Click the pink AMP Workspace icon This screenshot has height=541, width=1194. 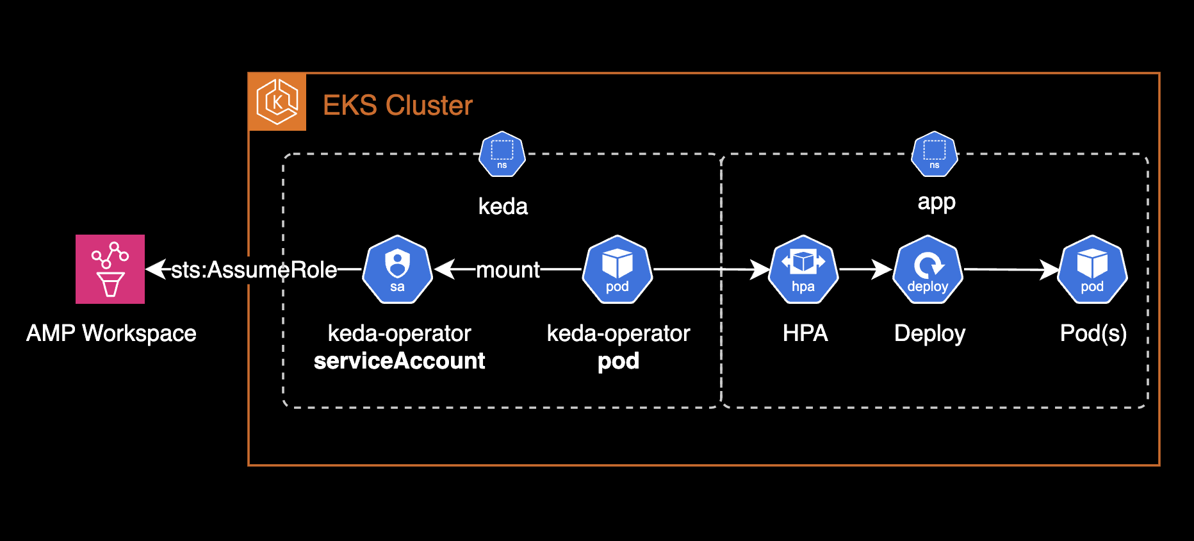click(110, 269)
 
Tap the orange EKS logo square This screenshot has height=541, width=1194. click(277, 102)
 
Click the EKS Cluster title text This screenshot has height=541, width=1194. click(397, 105)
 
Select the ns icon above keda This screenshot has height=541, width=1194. click(502, 154)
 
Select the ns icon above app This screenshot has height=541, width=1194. click(935, 154)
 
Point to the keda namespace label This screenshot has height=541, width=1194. click(503, 206)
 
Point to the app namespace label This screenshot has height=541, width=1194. click(936, 202)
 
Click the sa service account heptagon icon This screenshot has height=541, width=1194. click(397, 270)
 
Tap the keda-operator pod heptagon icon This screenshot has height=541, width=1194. click(617, 270)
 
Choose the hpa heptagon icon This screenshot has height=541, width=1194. click(803, 270)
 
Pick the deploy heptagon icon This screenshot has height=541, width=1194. click(928, 270)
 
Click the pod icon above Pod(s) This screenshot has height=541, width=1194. click(1092, 270)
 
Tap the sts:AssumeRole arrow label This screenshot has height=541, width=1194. click(254, 270)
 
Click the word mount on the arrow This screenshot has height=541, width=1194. click(508, 270)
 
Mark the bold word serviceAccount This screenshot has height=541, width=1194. click(399, 361)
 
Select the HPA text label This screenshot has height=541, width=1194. click(805, 333)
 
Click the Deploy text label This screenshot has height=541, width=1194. click(929, 333)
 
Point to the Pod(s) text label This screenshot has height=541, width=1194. click(1093, 333)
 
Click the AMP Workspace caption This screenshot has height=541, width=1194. click(111, 333)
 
